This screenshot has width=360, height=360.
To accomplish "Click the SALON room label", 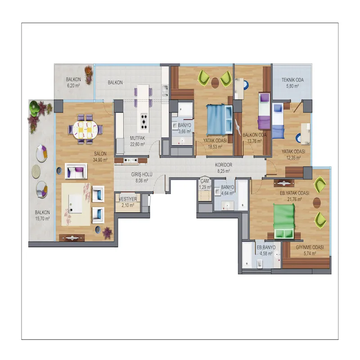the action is click(100, 153).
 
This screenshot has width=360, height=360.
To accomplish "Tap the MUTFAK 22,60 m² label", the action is click(138, 141).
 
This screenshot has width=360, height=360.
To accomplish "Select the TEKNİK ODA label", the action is click(292, 80).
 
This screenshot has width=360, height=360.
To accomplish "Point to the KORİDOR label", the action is click(223, 165).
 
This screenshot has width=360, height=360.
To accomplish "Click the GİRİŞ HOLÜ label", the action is click(142, 175).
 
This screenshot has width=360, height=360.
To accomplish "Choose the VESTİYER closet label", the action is click(128, 199).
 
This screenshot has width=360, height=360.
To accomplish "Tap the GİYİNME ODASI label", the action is click(310, 247).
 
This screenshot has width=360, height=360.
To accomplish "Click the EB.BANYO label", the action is click(266, 247).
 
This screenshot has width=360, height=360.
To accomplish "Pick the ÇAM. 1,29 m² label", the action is click(205, 184).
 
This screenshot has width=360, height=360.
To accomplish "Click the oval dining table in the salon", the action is click(85, 129).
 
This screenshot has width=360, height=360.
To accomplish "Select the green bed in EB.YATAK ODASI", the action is click(284, 221).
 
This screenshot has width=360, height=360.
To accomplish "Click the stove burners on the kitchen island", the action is click(144, 121).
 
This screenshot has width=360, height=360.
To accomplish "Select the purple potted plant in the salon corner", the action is click(107, 233).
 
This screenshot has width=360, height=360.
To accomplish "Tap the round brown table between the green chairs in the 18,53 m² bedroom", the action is click(215, 83).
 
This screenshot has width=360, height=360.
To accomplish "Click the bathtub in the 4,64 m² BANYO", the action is click(243, 195).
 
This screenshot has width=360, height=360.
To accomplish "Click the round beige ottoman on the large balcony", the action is click(36, 171).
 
